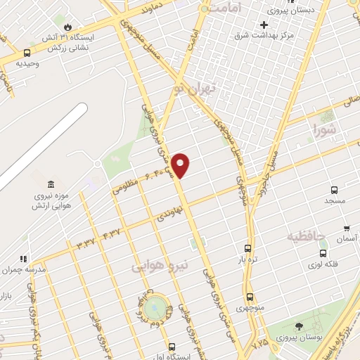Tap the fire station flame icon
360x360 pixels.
[67, 27]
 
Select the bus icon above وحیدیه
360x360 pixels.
[27, 52]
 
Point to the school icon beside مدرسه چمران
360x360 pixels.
[23, 259]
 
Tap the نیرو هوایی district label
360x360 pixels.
[161, 265]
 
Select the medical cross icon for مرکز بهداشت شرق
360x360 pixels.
[264, 25]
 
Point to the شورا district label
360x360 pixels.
[326, 129]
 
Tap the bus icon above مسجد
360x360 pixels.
[334, 189]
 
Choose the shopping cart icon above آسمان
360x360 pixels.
[347, 229]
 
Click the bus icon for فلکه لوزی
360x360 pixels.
[322, 253]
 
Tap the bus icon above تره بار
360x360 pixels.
[247, 248]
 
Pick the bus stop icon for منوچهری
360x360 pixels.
[250, 297]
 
